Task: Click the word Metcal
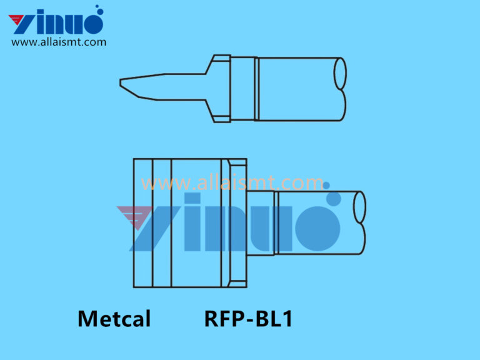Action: tap(114, 319)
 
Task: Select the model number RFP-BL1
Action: tap(248, 319)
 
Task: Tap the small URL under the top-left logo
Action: tap(59, 42)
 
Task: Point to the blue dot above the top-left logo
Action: tap(97, 9)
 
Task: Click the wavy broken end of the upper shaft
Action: tap(341, 89)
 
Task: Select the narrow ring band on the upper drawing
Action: tap(256, 89)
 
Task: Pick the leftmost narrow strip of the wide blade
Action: tap(143, 223)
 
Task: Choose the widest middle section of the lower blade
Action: tap(195, 223)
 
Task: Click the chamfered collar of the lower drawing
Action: tap(238, 223)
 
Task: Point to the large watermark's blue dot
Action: tap(332, 199)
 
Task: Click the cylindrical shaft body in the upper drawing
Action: tap(297, 89)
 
